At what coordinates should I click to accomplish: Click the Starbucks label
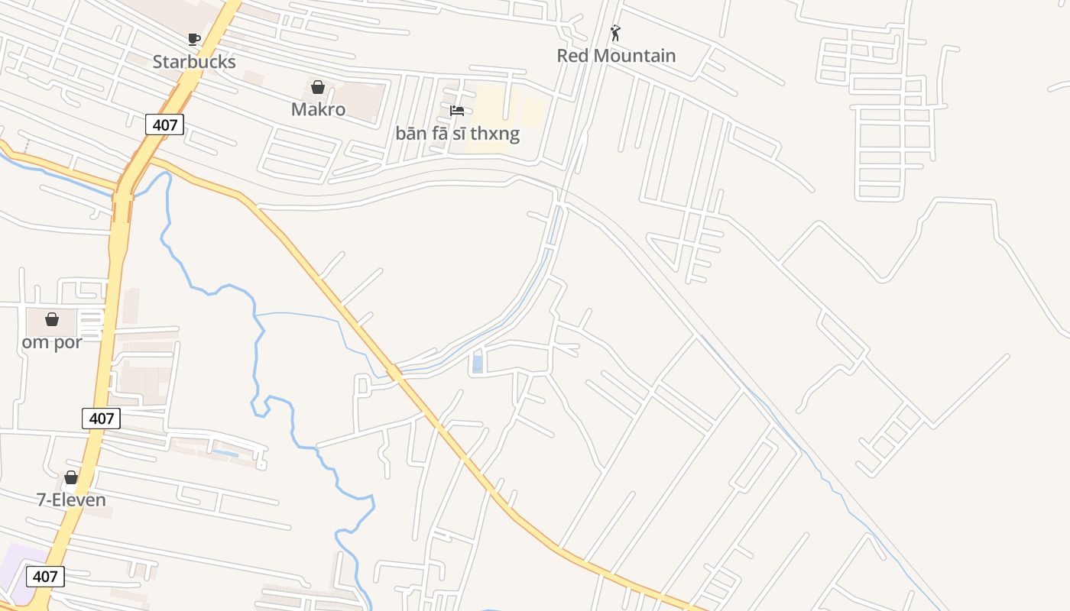tap(194, 62)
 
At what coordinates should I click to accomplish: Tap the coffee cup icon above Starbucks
tap(194, 39)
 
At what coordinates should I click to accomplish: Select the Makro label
tap(318, 109)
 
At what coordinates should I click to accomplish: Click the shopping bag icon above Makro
tap(318, 87)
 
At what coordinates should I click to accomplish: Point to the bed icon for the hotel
tap(457, 111)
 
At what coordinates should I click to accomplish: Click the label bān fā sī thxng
tap(457, 134)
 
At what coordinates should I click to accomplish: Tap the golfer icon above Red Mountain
tap(615, 33)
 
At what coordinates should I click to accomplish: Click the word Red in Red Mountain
tap(572, 56)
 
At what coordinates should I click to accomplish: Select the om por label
tap(52, 342)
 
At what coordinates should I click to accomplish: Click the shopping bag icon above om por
tap(52, 319)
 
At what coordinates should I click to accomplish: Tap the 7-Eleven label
tap(71, 500)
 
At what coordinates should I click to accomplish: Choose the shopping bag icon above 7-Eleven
tap(71, 477)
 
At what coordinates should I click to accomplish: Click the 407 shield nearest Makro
tap(165, 124)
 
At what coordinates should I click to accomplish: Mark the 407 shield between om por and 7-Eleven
tap(101, 418)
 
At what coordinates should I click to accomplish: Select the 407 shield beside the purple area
tap(45, 577)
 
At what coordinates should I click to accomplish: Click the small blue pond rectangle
tap(478, 364)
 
